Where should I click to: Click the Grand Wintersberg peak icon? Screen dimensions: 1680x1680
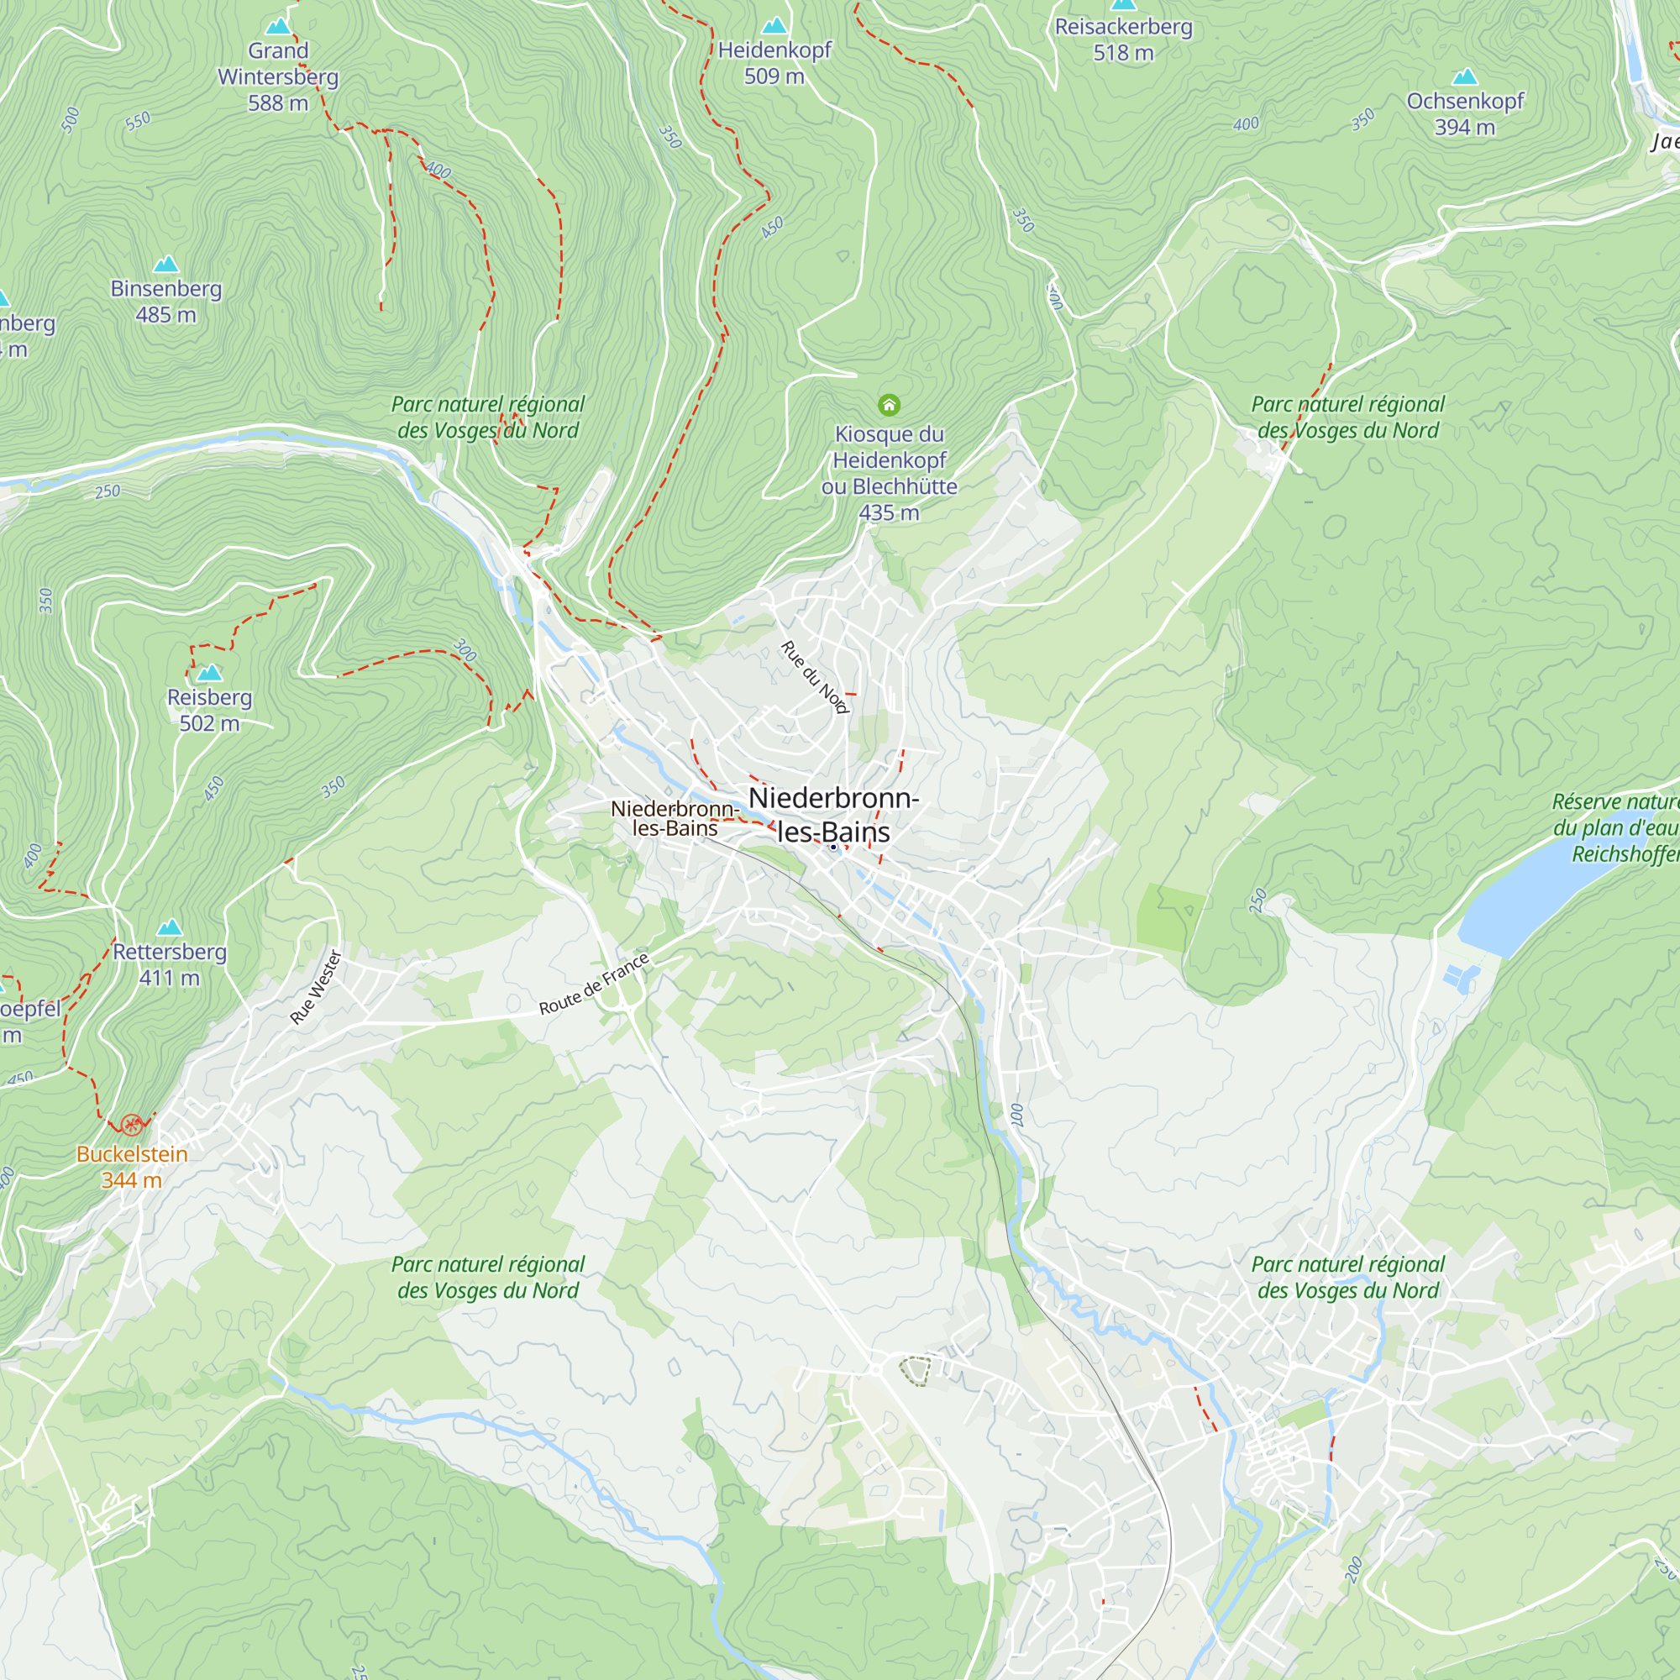coord(278,26)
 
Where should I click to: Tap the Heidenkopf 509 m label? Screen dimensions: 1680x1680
coord(774,63)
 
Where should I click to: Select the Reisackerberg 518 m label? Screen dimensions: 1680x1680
coord(1123,39)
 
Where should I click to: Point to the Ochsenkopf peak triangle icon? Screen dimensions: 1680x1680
coord(1465,76)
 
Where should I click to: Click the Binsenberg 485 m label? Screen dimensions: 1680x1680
coord(166,301)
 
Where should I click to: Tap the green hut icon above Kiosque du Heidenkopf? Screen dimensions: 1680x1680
coord(889,404)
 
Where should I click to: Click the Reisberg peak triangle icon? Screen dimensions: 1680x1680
coord(209,672)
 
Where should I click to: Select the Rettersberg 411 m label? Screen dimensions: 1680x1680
coord(170,963)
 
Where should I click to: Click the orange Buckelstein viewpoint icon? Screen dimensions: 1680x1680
coord(131,1126)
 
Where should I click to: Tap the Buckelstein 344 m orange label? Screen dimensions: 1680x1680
coord(131,1166)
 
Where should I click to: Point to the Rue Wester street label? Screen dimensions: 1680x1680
coord(317,987)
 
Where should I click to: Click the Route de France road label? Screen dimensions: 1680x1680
coord(594,984)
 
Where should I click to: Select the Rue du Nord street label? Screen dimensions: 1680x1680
coord(814,677)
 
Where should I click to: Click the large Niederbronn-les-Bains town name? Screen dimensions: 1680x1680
coord(833,814)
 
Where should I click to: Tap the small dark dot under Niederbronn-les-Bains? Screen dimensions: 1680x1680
coord(833,847)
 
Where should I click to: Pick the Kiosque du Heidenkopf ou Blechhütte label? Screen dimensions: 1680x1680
coord(889,472)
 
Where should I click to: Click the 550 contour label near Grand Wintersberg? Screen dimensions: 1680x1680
coord(138,121)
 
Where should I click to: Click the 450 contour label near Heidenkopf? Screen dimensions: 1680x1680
coord(772,228)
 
